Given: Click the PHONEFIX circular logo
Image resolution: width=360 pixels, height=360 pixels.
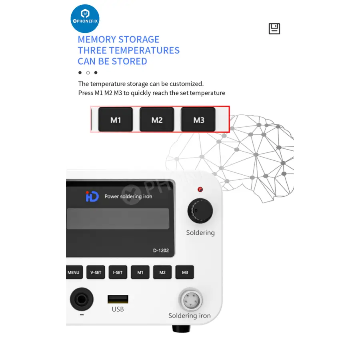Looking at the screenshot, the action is coord(85,18).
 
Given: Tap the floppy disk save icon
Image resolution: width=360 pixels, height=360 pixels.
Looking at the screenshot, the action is coord(274,29).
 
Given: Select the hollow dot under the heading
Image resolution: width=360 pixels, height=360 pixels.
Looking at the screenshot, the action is coord(88,73).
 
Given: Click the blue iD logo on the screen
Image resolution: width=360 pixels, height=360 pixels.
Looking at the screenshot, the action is coord(92,196).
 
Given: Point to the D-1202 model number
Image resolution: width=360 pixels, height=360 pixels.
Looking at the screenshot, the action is coord(161,250).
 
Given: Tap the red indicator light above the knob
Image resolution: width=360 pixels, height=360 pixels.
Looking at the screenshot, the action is coord(200,190).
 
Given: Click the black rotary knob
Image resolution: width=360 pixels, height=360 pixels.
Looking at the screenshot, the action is coord(200,211).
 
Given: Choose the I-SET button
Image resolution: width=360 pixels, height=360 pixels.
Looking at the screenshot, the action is coord(118,272).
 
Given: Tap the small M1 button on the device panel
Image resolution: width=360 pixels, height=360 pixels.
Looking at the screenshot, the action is coord(140,272).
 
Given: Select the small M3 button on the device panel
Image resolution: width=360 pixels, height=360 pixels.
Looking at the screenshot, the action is coord(184,272).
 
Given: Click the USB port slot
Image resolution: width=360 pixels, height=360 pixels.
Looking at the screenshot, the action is coord(118,299).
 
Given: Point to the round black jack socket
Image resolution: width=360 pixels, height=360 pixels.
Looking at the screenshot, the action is coord(82,299).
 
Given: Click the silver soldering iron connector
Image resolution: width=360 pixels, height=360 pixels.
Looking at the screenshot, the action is coord(191,300).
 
